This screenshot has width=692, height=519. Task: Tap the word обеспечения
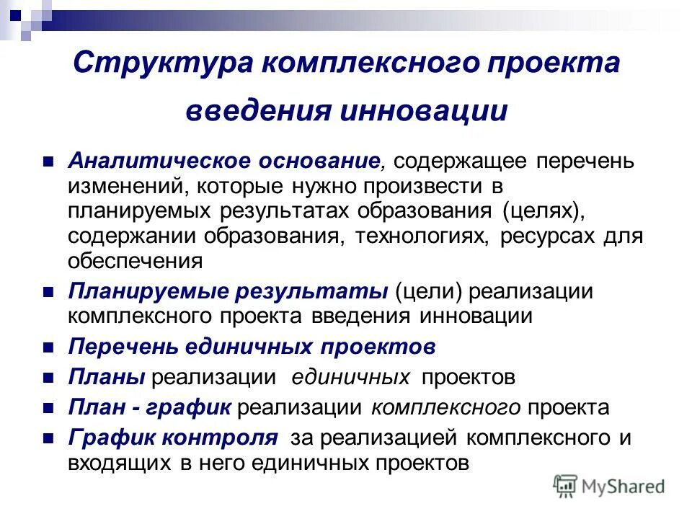pyautogui.click(x=135, y=261)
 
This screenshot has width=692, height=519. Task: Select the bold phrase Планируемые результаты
pyautogui.click(x=229, y=291)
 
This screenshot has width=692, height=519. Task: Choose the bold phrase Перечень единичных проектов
pyautogui.click(x=252, y=347)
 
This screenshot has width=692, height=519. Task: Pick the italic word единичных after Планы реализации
pyautogui.click(x=351, y=377)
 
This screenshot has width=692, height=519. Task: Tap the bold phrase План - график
pyautogui.click(x=150, y=407)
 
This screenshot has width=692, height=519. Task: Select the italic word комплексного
pyautogui.click(x=445, y=407)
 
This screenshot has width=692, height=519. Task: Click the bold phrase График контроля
pyautogui.click(x=173, y=438)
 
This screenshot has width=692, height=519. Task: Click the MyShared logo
pyautogui.click(x=609, y=486)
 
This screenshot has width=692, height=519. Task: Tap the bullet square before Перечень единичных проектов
pyautogui.click(x=49, y=347)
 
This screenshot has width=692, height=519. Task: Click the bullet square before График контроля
pyautogui.click(x=49, y=438)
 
